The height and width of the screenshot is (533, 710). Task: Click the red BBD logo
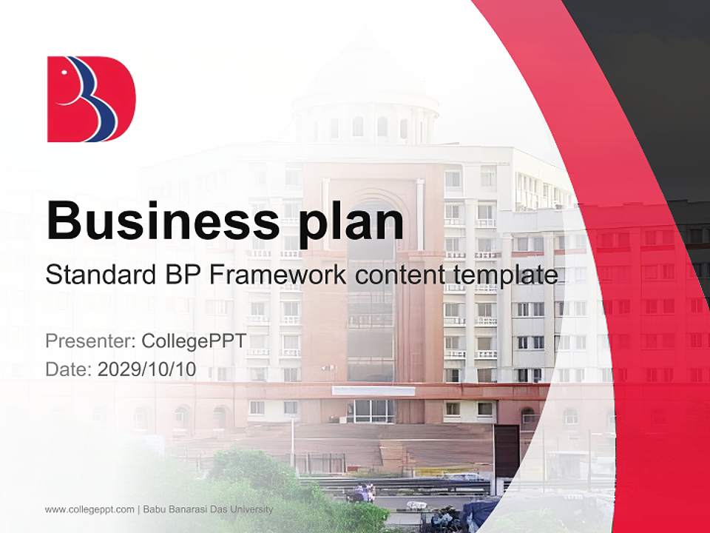(x=91, y=98)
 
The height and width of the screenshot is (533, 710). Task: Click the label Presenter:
(x=89, y=341)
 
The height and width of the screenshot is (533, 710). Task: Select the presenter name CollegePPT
(x=193, y=341)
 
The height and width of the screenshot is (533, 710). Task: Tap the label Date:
(x=68, y=369)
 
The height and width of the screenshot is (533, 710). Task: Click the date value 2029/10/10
(x=147, y=369)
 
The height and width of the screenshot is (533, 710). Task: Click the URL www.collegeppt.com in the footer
(x=89, y=509)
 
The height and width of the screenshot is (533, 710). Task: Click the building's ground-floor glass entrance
(x=370, y=410)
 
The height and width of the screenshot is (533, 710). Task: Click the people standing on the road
(x=365, y=491)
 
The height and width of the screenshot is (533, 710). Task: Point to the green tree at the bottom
(x=244, y=481)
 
